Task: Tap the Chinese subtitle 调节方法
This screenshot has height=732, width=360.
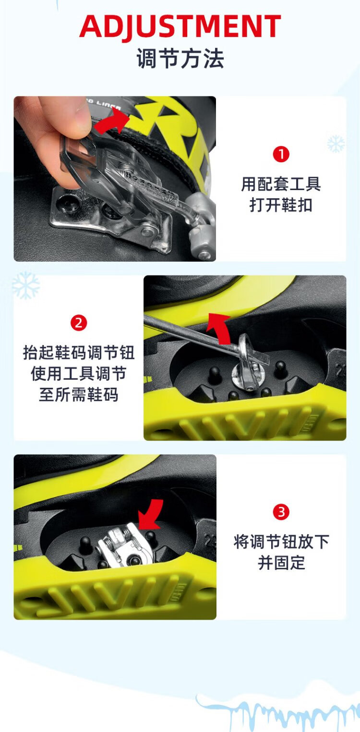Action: (180, 59)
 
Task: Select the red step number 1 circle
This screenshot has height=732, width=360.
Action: (281, 154)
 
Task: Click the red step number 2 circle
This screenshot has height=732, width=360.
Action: (79, 323)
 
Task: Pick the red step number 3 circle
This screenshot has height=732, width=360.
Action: (281, 512)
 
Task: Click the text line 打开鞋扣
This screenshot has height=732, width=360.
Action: (281, 205)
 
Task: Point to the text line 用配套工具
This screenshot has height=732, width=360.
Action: (281, 184)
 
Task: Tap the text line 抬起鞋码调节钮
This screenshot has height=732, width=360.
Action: (79, 353)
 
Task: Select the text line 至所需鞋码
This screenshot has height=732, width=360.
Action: (79, 395)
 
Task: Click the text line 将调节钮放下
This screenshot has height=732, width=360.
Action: (281, 542)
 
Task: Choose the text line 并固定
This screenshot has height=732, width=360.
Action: (281, 563)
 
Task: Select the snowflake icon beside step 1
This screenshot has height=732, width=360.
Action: (336, 144)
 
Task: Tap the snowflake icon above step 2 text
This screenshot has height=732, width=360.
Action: (26, 285)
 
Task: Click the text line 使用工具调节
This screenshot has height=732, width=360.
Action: (79, 373)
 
